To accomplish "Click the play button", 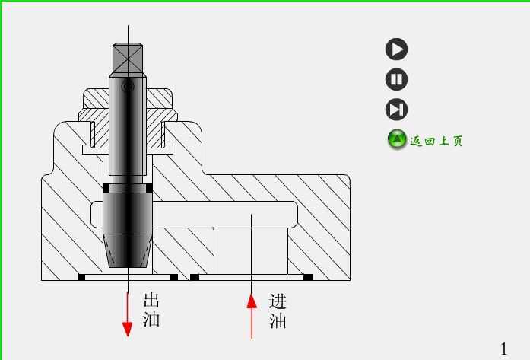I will (x=396, y=49).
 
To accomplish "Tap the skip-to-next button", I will (x=396, y=110).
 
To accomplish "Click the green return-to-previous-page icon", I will (x=397, y=139).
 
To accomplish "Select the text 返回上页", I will (x=436, y=141).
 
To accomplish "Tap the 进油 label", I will (x=278, y=311).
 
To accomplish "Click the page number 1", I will (x=503, y=348).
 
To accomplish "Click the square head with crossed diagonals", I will (x=128, y=58).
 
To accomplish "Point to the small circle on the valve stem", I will (x=128, y=88).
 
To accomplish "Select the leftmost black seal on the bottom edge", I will (x=81, y=277).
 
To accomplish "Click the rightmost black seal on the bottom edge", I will (x=308, y=277).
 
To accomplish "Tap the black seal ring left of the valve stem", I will (x=106, y=188).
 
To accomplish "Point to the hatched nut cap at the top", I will (x=129, y=98).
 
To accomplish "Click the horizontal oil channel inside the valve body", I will (x=221, y=214).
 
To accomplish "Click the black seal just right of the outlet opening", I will (x=174, y=277).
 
